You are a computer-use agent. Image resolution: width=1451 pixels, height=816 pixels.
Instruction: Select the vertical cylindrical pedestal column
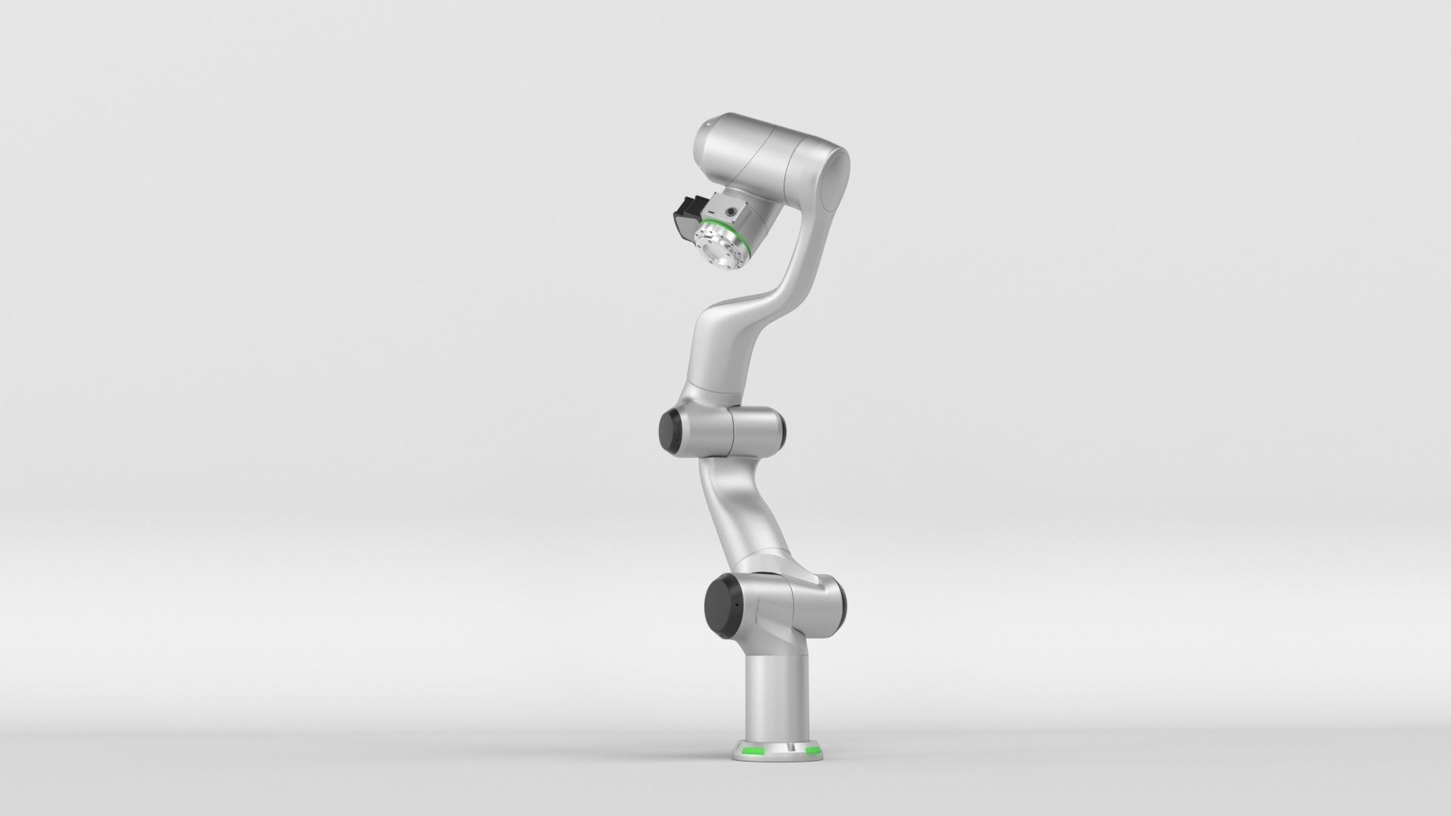pos(778,688)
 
